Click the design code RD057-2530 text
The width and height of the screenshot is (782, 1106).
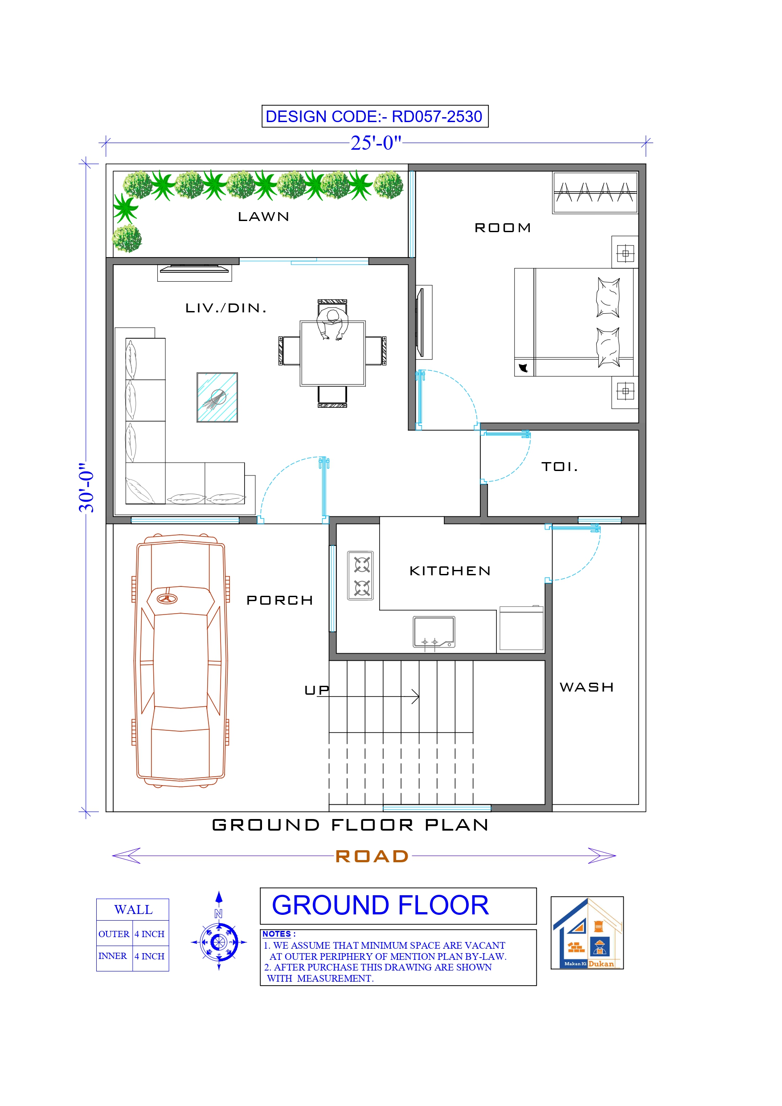374,116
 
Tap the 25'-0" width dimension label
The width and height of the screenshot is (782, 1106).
375,143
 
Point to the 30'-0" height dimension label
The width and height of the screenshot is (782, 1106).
87,487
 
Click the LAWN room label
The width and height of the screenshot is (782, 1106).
263,217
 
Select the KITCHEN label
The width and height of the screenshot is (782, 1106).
450,571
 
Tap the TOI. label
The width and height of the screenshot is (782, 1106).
559,466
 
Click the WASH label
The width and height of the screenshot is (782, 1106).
586,687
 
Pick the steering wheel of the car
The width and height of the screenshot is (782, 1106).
167,599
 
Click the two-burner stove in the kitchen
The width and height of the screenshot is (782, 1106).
361,576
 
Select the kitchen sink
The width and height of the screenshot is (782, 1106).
434,631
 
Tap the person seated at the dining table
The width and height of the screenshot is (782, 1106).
332,324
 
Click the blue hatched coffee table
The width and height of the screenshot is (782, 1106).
217,397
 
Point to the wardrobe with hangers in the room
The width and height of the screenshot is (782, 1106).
595,193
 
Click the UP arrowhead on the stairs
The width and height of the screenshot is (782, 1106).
415,696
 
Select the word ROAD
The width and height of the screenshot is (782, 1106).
372,856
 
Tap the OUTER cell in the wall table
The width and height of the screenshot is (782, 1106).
114,934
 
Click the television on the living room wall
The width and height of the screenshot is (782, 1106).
194,269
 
